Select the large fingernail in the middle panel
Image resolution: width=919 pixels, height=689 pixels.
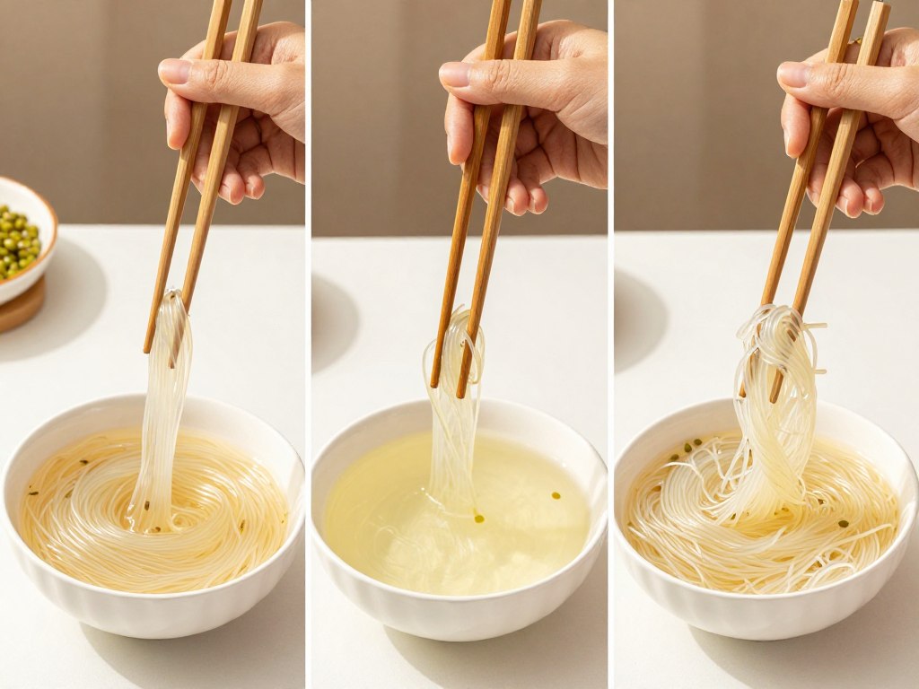[455, 74]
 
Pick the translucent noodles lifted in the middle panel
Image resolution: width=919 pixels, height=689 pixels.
[454, 404]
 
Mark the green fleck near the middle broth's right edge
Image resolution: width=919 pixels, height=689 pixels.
[556, 495]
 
